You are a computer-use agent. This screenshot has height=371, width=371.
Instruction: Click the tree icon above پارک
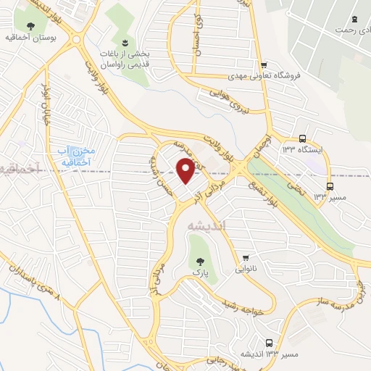click(x=196, y=259)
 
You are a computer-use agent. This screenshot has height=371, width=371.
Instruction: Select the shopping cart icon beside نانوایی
click(x=246, y=257)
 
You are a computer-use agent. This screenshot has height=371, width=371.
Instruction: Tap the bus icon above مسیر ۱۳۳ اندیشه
click(x=270, y=343)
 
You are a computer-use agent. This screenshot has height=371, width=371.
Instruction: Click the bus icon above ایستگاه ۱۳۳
click(x=302, y=138)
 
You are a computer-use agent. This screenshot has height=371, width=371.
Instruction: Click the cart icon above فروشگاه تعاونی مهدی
click(x=266, y=64)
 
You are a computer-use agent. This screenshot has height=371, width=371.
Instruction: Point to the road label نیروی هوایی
click(x=229, y=101)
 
